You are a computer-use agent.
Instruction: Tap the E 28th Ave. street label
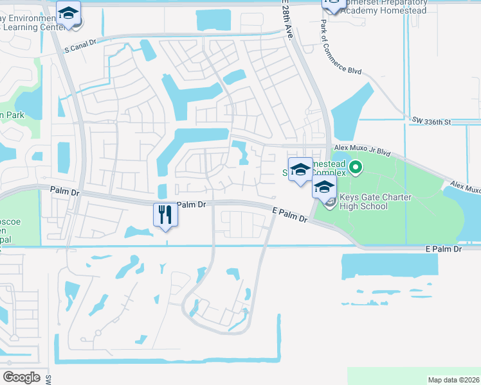click(x=286, y=21)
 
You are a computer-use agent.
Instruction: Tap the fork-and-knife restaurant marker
click(x=165, y=214)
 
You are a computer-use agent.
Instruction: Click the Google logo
click(x=21, y=377)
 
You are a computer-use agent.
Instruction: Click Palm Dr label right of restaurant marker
click(x=191, y=205)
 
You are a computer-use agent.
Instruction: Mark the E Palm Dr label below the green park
click(x=444, y=248)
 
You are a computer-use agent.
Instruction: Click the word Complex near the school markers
click(x=329, y=173)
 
